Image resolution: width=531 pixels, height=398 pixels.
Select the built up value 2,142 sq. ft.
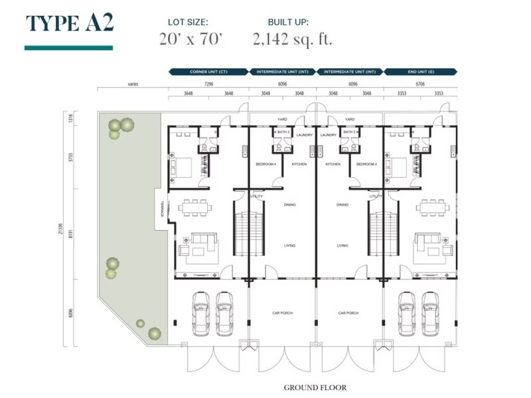click(292, 39)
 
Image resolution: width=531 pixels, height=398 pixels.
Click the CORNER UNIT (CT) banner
click(208, 71)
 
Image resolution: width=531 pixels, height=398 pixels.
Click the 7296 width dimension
click(208, 84)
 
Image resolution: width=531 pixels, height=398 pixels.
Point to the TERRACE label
click(160, 214)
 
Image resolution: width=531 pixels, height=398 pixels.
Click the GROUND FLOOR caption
click(315, 387)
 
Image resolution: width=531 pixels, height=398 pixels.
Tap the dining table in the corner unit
click(195, 207)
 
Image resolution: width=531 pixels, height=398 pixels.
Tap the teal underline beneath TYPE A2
click(68, 48)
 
